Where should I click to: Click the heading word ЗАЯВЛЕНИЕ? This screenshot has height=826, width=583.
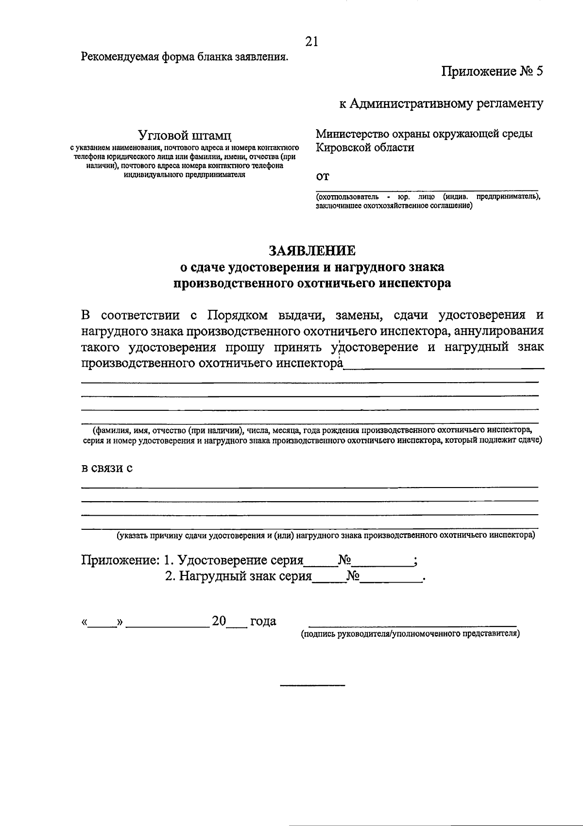tap(312, 251)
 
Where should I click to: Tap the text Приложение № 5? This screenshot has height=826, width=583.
tap(492, 72)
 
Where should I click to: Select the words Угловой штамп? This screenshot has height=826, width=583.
tap(185, 134)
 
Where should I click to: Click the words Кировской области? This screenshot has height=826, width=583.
tap(365, 148)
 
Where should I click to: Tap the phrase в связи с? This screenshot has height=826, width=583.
tap(106, 468)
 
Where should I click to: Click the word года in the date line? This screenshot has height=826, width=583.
tap(263, 621)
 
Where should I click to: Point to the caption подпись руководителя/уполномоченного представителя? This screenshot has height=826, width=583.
tap(411, 634)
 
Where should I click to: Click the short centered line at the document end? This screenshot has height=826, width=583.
tap(312, 685)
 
